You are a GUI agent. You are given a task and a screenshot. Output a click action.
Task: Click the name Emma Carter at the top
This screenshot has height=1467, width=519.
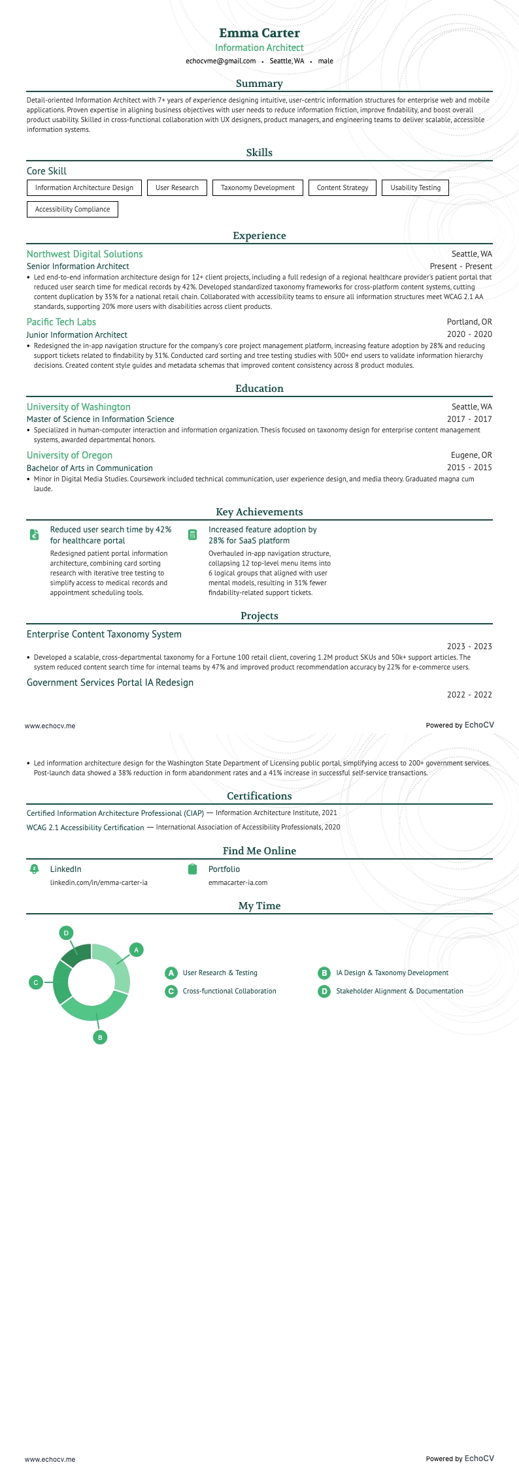(x=259, y=33)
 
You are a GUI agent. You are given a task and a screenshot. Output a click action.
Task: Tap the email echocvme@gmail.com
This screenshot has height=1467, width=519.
(x=220, y=61)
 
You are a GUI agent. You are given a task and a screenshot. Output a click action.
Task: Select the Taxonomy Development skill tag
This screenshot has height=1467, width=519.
(x=258, y=188)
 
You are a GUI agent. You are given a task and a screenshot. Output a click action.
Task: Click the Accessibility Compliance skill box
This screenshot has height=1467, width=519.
(x=73, y=210)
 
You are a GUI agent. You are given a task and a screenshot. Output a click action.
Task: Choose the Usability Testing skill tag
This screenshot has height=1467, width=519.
(x=415, y=188)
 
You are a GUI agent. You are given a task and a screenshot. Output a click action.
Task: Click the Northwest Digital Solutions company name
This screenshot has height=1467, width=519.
(x=84, y=254)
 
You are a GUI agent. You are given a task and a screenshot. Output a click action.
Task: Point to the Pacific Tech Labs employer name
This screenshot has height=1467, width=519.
(x=61, y=322)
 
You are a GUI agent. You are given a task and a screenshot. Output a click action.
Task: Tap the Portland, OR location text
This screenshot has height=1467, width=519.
(x=469, y=322)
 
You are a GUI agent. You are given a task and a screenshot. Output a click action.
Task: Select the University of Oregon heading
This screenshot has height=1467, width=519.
(x=69, y=455)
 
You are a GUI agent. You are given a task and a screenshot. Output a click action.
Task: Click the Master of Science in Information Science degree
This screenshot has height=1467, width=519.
(x=100, y=419)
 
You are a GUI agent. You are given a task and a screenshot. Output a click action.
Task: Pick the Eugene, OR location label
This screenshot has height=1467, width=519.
(x=471, y=455)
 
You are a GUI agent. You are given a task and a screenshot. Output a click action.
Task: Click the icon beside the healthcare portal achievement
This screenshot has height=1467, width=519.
(x=35, y=535)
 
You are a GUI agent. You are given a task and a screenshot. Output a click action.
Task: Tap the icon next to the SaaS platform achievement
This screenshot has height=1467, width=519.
(x=192, y=535)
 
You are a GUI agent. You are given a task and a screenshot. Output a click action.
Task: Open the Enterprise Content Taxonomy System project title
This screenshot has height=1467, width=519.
(x=104, y=634)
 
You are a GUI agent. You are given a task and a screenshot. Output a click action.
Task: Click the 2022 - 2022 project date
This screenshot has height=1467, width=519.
(x=469, y=695)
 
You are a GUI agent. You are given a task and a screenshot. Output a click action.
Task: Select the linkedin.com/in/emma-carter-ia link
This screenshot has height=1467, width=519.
(x=99, y=882)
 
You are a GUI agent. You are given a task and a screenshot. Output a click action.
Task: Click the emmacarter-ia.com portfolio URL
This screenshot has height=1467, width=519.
(x=238, y=882)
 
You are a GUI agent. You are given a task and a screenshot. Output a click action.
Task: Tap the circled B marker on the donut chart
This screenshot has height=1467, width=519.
(x=100, y=1037)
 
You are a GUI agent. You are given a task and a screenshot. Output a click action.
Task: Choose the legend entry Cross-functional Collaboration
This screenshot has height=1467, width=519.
(x=229, y=991)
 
